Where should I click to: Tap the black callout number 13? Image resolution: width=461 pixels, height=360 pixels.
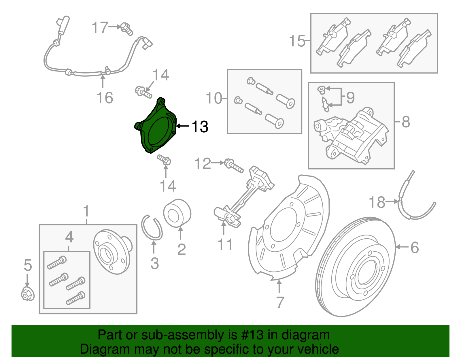point(200,127)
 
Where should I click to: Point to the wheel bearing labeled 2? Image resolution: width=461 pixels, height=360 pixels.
point(177,213)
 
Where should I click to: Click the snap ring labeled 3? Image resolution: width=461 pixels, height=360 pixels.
point(152,228)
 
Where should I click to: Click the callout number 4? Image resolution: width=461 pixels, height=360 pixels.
point(69,237)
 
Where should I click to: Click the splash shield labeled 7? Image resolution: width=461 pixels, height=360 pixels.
point(288,228)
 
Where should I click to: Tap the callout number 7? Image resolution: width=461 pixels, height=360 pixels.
point(280,302)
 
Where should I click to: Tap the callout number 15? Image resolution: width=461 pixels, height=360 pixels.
point(297,41)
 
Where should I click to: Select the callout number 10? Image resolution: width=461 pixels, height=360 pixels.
point(214,98)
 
